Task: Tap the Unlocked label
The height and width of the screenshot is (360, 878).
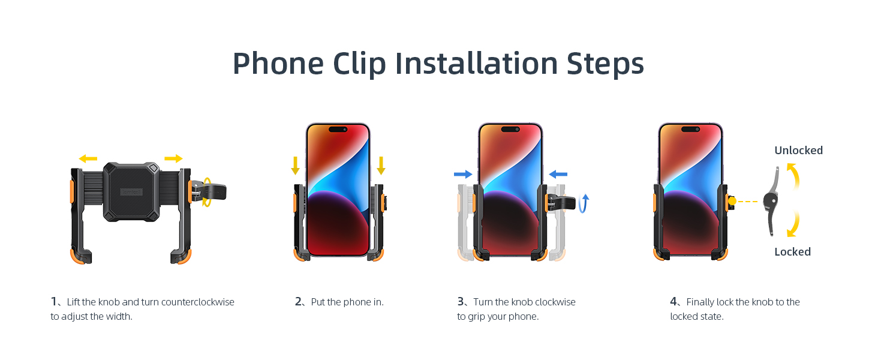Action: pyautogui.click(x=798, y=151)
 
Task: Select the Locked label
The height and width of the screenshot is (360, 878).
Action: pyautogui.click(x=792, y=252)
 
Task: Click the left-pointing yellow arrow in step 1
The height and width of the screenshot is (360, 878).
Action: pyautogui.click(x=88, y=158)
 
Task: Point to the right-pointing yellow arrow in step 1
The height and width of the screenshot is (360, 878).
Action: pyautogui.click(x=174, y=158)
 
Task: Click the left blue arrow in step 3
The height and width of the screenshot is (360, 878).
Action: pyautogui.click(x=463, y=174)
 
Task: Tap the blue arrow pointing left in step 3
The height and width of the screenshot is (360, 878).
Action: pyautogui.click(x=558, y=174)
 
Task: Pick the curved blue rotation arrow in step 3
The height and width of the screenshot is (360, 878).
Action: pyautogui.click(x=585, y=203)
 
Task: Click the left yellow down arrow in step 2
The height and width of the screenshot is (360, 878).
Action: pyautogui.click(x=295, y=165)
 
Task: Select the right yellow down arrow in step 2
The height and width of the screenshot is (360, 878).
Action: pyautogui.click(x=381, y=165)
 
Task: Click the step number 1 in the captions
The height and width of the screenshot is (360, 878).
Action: pyautogui.click(x=53, y=302)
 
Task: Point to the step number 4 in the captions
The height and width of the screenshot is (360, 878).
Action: pyautogui.click(x=673, y=302)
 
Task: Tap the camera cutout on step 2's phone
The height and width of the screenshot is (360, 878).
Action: pyautogui.click(x=338, y=129)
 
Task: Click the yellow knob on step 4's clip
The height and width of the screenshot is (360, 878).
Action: pyautogui.click(x=732, y=202)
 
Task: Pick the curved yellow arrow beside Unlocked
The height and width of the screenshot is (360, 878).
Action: pyautogui.click(x=793, y=177)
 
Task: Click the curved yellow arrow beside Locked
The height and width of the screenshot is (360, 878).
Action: pyautogui.click(x=793, y=225)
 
